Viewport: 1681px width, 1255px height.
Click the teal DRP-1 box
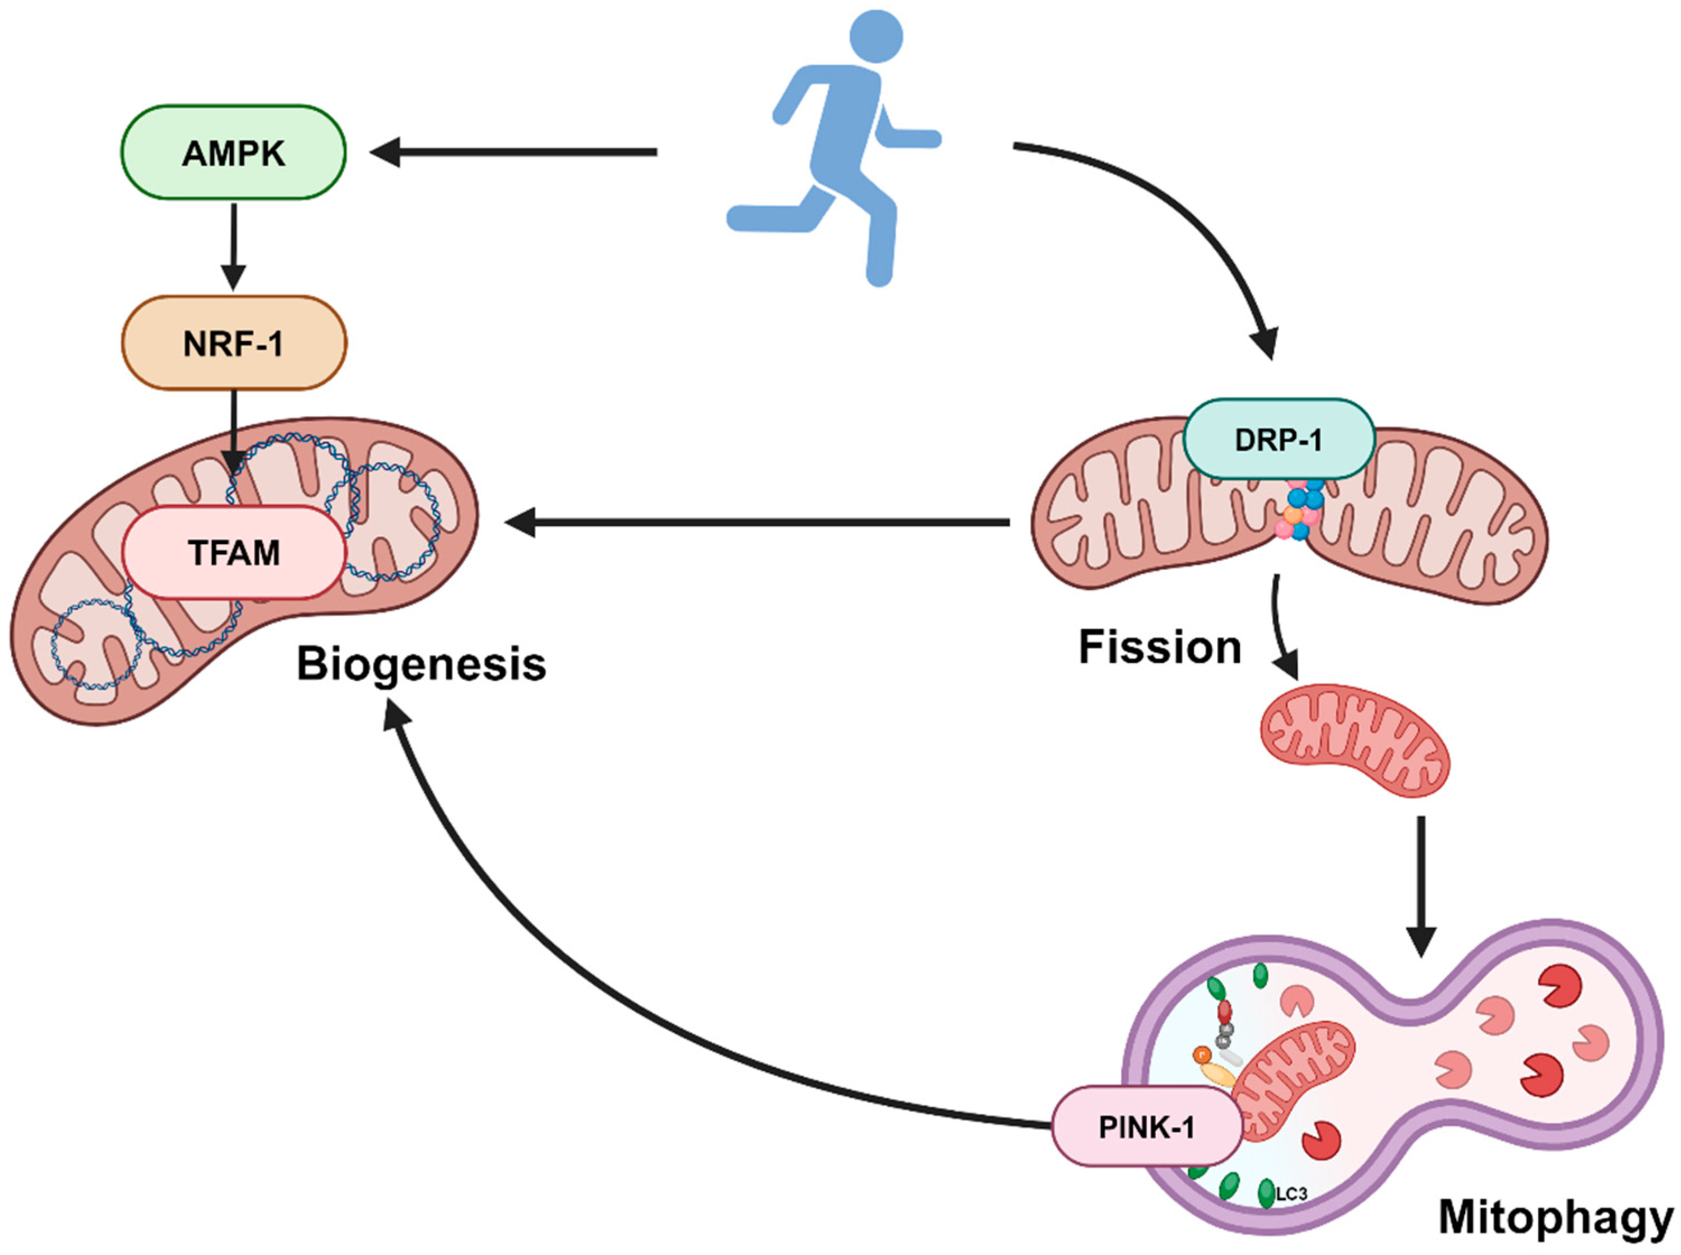[1279, 439]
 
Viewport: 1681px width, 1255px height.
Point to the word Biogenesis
[421, 664]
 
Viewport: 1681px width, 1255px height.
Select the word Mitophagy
[1555, 1218]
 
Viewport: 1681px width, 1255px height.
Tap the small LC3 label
[1291, 1194]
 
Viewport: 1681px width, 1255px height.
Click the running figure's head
[876, 36]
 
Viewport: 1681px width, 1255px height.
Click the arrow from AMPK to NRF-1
[233, 247]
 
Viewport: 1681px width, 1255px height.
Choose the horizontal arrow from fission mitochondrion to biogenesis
[757, 523]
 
